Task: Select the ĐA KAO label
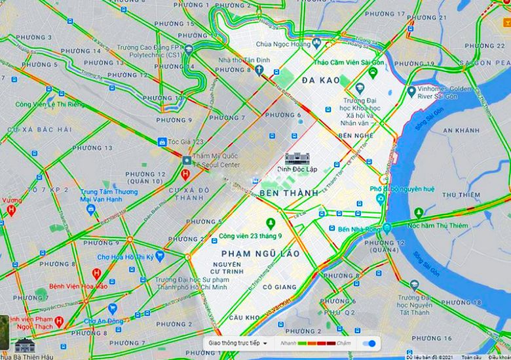point(321,80)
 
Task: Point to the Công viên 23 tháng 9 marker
point(270,223)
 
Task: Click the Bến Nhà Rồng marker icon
point(388,228)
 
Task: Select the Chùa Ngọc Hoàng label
point(282,45)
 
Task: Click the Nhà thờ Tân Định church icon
point(259,70)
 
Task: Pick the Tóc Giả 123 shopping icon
point(161,142)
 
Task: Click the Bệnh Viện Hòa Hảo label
point(79,287)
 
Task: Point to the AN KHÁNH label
point(461,130)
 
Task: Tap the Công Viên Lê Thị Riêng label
point(50,104)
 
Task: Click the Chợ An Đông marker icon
point(112,308)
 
